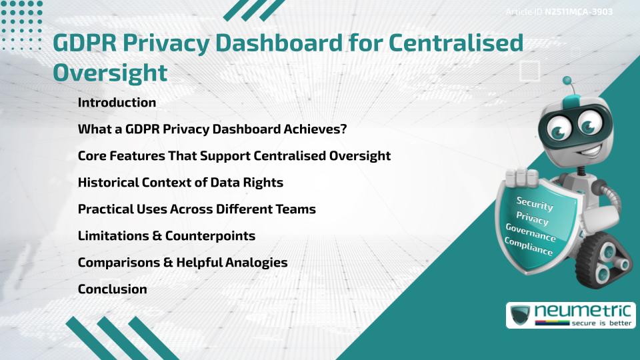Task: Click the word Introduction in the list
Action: coord(117,103)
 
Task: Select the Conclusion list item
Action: coord(112,289)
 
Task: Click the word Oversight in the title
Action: coord(110,73)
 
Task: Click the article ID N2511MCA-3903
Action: coord(579,12)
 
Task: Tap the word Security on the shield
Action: coord(534,203)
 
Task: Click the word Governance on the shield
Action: coord(531,231)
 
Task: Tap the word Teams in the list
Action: coord(297,209)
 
